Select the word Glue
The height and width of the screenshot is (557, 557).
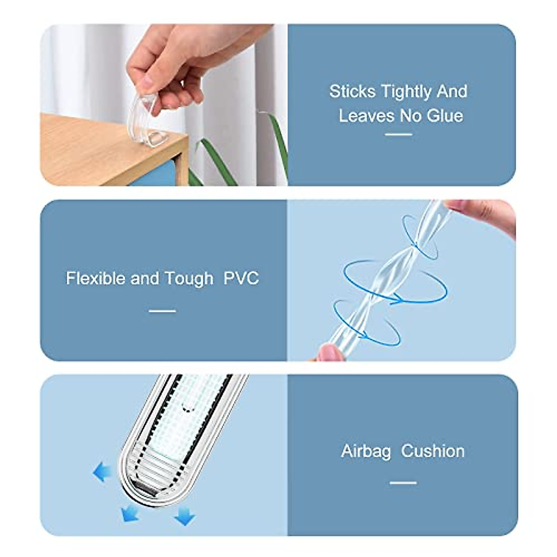coord(445,116)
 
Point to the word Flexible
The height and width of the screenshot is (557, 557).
coord(96,278)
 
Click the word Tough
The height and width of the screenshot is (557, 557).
coord(189,279)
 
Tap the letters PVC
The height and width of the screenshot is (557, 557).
coord(241,278)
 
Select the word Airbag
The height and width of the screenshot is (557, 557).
coord(366,451)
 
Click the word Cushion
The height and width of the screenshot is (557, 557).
coord(433,451)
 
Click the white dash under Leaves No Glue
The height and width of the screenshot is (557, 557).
coord(399,135)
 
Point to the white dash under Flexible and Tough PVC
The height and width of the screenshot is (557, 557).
coord(162,311)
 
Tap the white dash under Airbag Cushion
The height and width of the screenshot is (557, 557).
coord(403,483)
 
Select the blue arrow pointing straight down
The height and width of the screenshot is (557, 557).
coord(185,516)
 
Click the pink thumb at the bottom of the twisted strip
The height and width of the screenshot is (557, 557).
coord(330,353)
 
